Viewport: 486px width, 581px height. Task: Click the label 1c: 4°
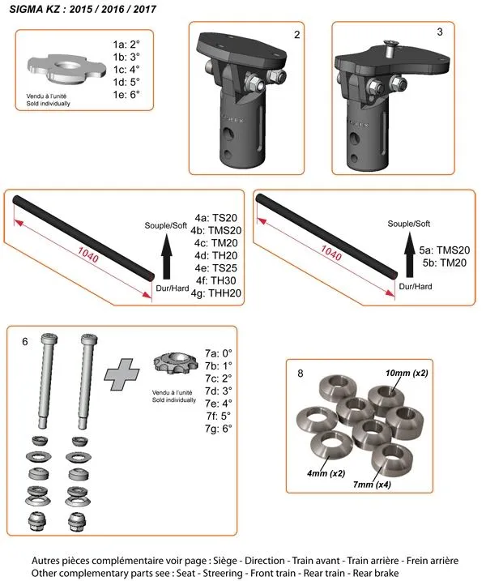click(126, 70)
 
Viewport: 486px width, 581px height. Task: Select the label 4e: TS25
click(215, 268)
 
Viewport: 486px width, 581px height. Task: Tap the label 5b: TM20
click(444, 263)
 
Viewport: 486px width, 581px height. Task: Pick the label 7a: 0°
click(218, 353)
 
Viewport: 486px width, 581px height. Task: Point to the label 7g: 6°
click(218, 429)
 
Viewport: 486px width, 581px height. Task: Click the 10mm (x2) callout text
click(407, 373)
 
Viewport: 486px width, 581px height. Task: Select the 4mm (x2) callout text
click(326, 473)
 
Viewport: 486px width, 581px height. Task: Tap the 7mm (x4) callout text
click(372, 485)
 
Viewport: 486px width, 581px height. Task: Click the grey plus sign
click(122, 374)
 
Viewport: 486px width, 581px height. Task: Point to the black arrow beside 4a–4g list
click(167, 256)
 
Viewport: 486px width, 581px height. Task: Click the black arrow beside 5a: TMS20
click(409, 254)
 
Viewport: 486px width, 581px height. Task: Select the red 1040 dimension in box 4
click(87, 255)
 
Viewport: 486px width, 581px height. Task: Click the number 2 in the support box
click(296, 35)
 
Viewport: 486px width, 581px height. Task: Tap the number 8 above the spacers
click(300, 373)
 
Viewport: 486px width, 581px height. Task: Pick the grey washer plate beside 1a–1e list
click(66, 69)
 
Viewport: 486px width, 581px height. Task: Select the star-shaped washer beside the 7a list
click(176, 363)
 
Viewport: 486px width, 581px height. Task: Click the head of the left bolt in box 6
click(49, 338)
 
